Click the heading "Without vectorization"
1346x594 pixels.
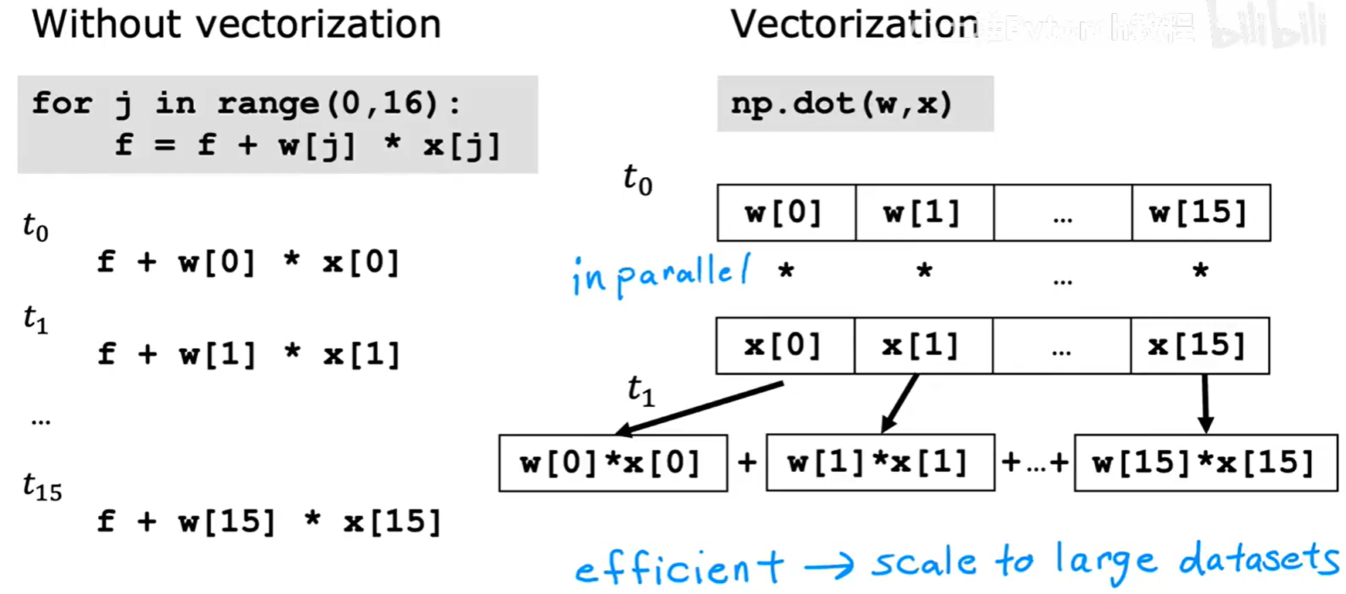tap(236, 25)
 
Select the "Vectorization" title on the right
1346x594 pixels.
tap(854, 25)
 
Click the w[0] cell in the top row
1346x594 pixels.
tap(785, 213)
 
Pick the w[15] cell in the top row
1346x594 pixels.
tap(1200, 213)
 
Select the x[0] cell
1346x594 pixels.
tap(784, 346)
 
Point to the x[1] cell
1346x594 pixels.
tap(923, 346)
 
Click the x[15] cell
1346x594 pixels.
tap(1199, 346)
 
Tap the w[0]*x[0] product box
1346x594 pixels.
tap(612, 463)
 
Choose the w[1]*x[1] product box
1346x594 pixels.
tap(879, 463)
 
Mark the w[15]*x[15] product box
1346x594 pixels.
tap(1205, 463)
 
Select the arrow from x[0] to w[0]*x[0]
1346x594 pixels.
tap(700, 407)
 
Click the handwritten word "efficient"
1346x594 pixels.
tap(678, 567)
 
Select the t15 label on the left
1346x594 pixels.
tap(42, 487)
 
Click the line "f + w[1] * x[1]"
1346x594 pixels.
tap(249, 354)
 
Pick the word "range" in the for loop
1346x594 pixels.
tap(267, 104)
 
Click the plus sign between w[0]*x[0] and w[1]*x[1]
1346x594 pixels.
tap(746, 463)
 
